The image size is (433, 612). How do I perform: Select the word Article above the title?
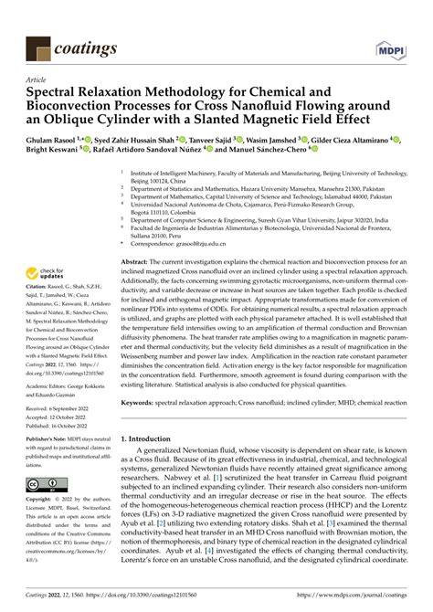click(38, 79)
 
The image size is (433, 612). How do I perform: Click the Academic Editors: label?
click(47, 387)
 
